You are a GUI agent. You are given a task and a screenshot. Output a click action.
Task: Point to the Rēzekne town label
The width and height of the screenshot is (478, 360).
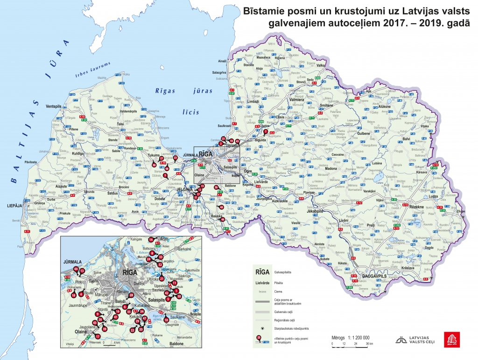click(416, 207)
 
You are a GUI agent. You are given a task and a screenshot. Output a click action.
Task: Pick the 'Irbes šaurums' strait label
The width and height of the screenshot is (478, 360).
click(94, 70)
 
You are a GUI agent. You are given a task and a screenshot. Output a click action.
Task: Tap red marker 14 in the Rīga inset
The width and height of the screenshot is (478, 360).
click(151, 240)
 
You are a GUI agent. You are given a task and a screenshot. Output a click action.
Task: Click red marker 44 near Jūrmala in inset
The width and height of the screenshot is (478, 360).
click(76, 270)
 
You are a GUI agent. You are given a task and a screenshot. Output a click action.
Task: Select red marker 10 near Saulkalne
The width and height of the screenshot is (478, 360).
click(166, 320)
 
